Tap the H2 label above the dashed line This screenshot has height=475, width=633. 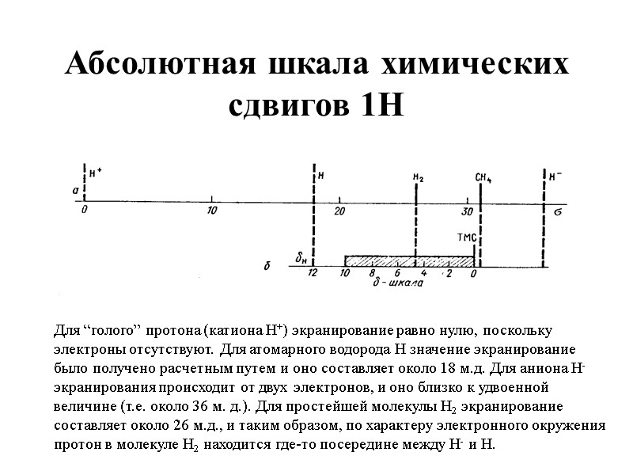click(419, 178)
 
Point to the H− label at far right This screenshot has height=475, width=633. click(556, 174)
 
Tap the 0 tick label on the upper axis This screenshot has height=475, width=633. click(84, 210)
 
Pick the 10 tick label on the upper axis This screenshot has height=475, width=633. click(211, 210)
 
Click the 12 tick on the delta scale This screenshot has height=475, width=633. click(313, 273)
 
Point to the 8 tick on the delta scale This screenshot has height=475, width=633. click(372, 274)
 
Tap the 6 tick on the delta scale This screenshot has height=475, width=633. click(397, 274)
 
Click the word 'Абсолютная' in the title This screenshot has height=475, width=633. click(156, 65)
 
